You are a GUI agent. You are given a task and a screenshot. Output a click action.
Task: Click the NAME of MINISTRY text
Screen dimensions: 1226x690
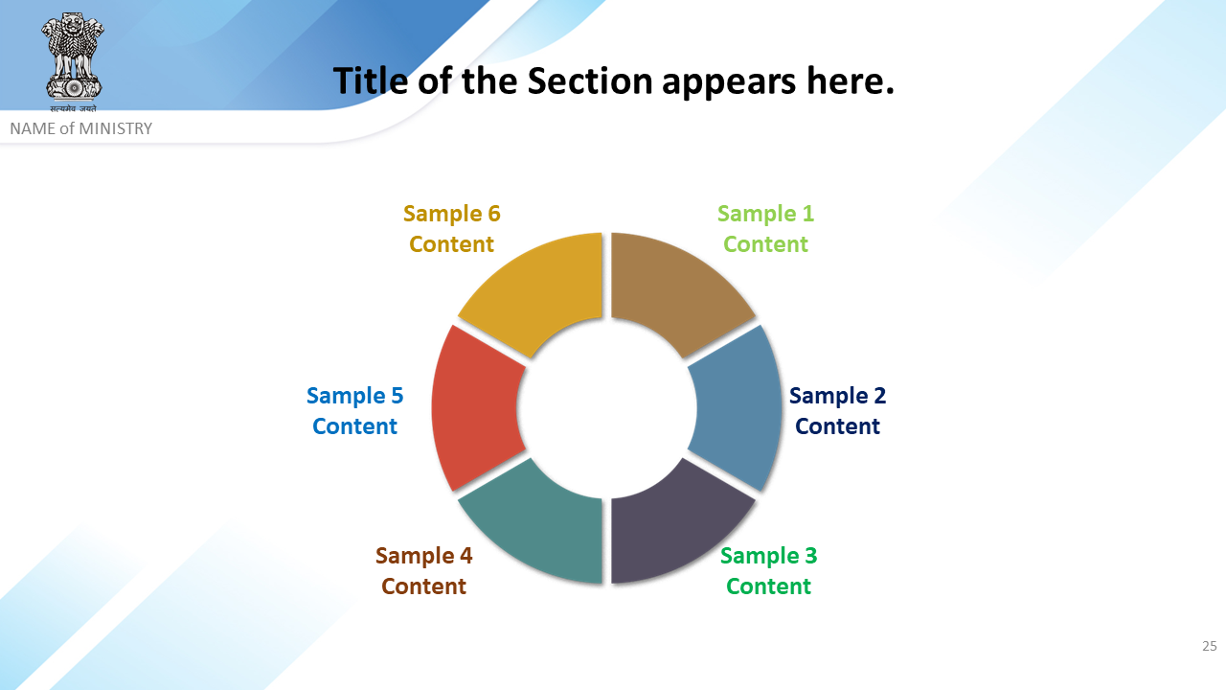click(81, 128)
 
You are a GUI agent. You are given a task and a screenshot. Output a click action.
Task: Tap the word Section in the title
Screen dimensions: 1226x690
click(590, 81)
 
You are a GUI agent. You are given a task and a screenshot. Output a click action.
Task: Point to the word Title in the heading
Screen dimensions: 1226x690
click(371, 81)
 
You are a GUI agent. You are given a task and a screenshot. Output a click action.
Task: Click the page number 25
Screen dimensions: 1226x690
click(1210, 646)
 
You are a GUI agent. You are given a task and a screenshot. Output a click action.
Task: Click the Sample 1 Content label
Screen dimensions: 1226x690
click(765, 229)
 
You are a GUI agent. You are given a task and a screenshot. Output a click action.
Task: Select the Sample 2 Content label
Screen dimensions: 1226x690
click(837, 411)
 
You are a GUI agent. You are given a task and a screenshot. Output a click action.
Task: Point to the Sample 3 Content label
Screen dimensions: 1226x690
click(768, 570)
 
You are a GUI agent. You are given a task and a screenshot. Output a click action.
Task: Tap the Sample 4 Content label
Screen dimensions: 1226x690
click(423, 570)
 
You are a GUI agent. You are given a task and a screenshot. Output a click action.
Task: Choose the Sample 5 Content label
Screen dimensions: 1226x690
click(354, 411)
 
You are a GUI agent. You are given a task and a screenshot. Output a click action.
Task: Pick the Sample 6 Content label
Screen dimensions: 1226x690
click(451, 229)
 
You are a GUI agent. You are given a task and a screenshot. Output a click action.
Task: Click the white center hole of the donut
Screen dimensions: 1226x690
click(606, 408)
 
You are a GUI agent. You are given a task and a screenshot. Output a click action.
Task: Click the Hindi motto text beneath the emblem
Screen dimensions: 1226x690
click(73, 108)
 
